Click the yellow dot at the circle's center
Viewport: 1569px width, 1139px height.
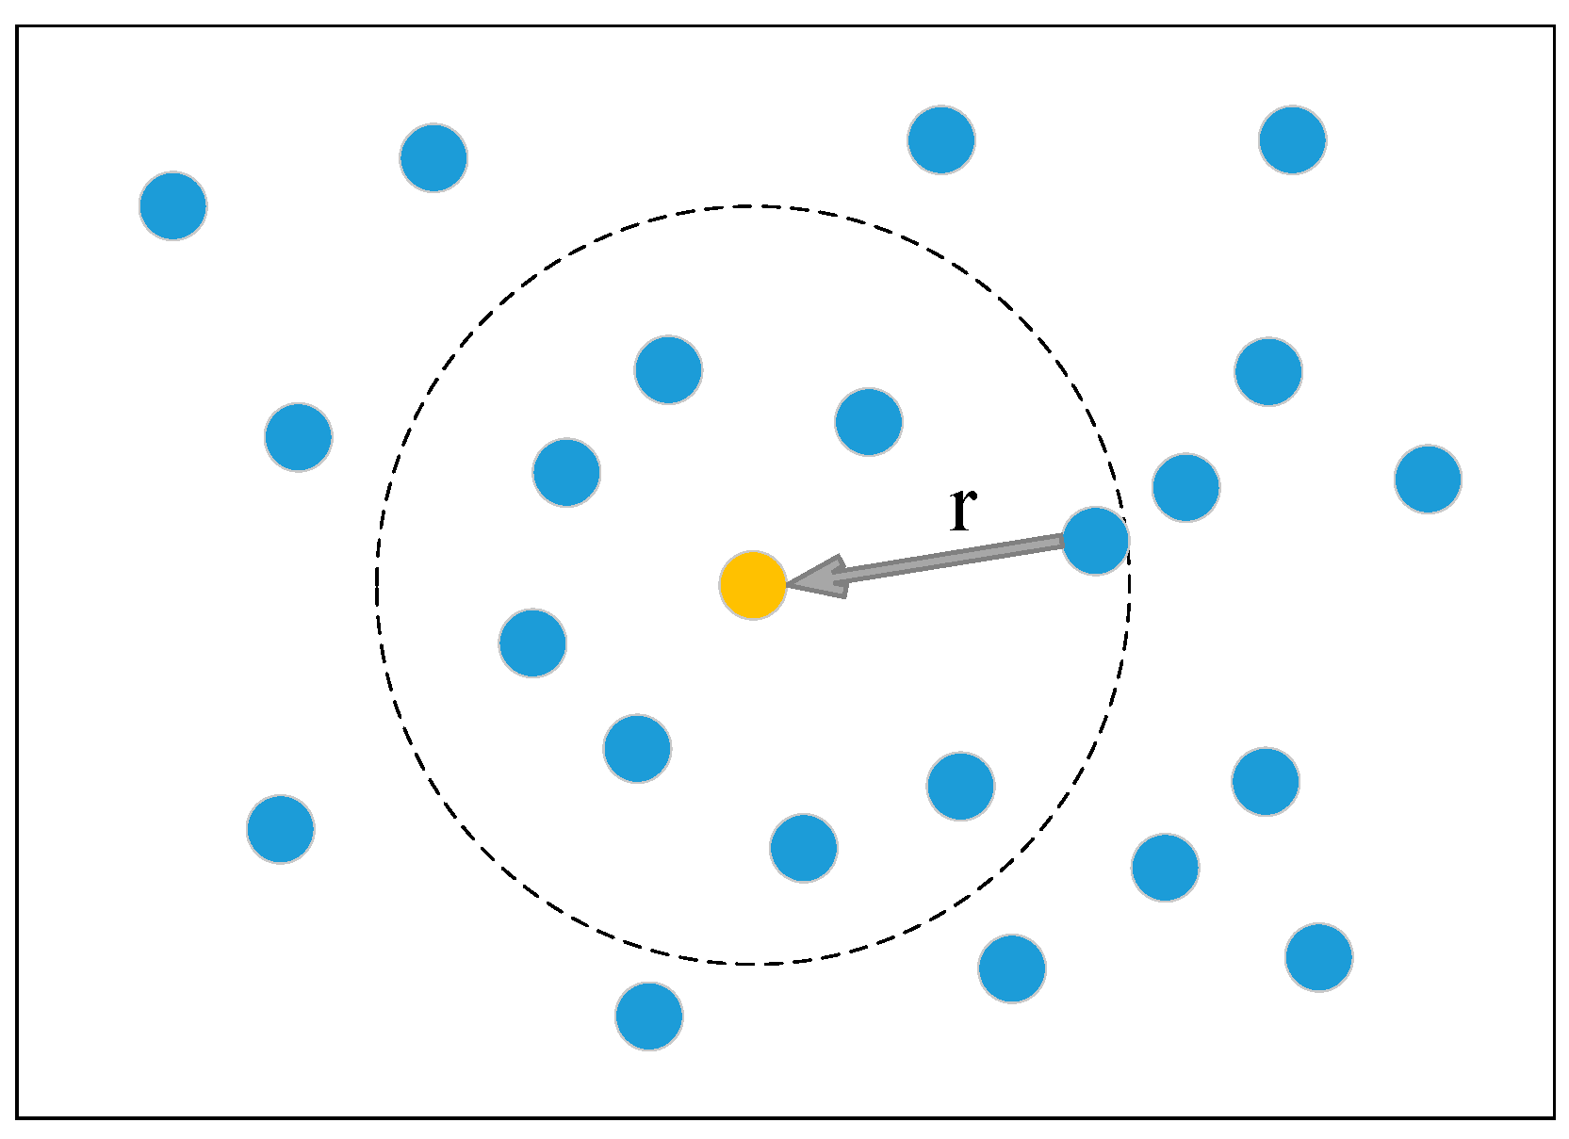753,585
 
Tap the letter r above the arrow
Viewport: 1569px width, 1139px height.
962,509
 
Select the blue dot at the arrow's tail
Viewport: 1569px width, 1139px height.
1095,541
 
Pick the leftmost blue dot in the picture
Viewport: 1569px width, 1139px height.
173,205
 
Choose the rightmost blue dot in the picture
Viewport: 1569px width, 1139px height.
1428,479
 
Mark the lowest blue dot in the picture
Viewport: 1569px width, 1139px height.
649,1016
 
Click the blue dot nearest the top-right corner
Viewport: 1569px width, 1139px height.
1293,140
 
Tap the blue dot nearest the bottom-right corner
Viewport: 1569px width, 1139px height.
1319,956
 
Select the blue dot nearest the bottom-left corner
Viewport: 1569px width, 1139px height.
281,829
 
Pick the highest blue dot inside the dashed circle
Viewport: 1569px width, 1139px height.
668,369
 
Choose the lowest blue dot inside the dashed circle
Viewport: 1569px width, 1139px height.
804,848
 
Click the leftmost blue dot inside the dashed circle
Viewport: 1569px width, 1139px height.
532,643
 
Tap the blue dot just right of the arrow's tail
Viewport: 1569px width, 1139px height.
1185,487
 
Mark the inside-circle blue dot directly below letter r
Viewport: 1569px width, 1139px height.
960,786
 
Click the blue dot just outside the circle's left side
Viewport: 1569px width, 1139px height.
299,437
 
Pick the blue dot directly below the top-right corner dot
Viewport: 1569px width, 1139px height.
1268,371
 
